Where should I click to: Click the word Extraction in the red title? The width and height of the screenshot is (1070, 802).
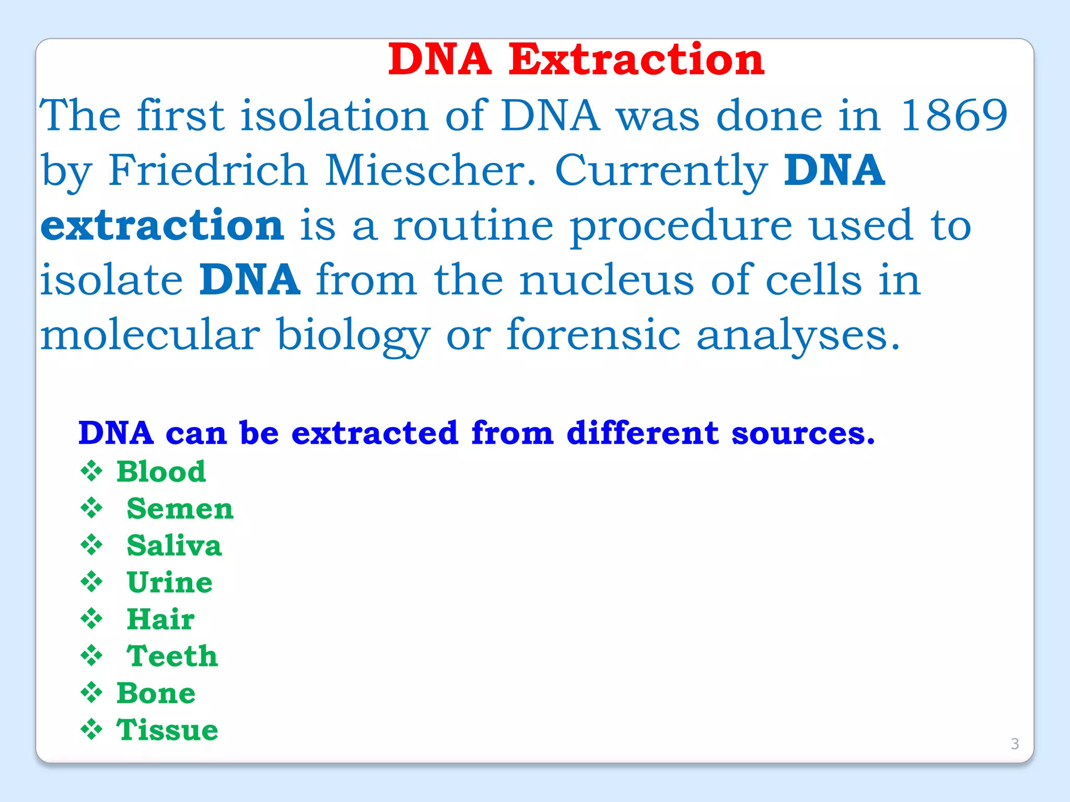pos(636,60)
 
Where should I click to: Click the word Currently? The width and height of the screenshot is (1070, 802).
pos(661,171)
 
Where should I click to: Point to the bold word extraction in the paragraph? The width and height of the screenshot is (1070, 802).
pos(162,226)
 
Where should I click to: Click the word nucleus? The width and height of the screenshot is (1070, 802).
pos(606,280)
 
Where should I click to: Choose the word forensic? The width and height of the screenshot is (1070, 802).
pos(593,335)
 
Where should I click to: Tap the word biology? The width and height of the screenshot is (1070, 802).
pos(353,336)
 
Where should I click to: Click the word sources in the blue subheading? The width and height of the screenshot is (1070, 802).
pos(802,433)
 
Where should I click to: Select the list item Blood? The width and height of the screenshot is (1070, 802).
pos(161,471)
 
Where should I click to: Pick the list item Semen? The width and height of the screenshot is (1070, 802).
pos(180,509)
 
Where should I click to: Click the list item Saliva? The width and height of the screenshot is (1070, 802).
pos(174,546)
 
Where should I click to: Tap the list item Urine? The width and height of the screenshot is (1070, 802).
pos(169,582)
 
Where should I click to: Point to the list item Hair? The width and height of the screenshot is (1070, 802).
pos(160,619)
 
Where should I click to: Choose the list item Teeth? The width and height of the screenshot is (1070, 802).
pos(172,656)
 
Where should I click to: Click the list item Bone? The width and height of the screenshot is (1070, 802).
pos(156,693)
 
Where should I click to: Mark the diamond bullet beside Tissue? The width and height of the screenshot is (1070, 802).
pos(91,729)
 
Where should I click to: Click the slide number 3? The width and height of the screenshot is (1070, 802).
pos(1015,744)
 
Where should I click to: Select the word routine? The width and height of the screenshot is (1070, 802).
pos(473,226)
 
